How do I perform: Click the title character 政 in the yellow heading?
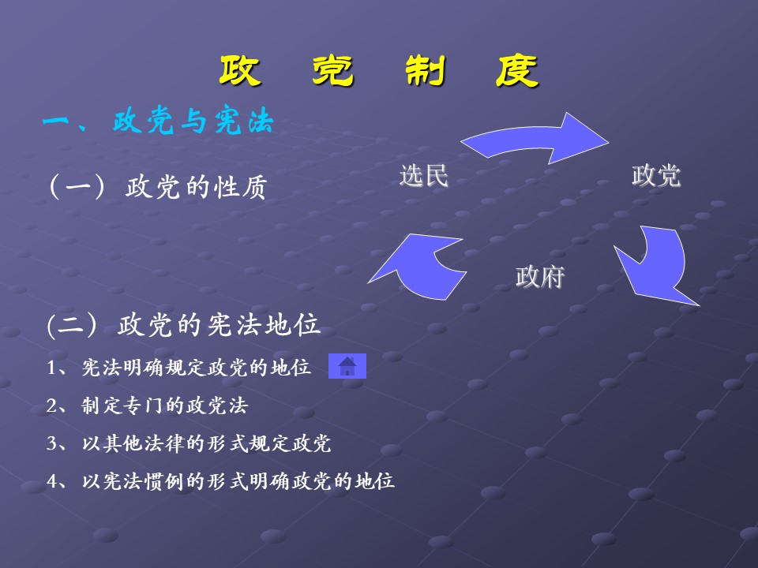tap(241, 73)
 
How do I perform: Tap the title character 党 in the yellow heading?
tap(330, 73)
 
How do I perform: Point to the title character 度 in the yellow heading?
tap(516, 73)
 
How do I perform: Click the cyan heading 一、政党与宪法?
tap(158, 122)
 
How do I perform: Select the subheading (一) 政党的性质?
tap(158, 188)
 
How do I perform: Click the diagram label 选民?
tap(423, 176)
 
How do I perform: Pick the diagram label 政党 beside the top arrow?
tap(655, 176)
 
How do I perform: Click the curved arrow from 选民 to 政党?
tap(537, 139)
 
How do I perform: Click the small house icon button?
tap(347, 367)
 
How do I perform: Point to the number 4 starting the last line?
tap(51, 481)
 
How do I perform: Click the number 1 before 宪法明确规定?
tap(51, 368)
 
